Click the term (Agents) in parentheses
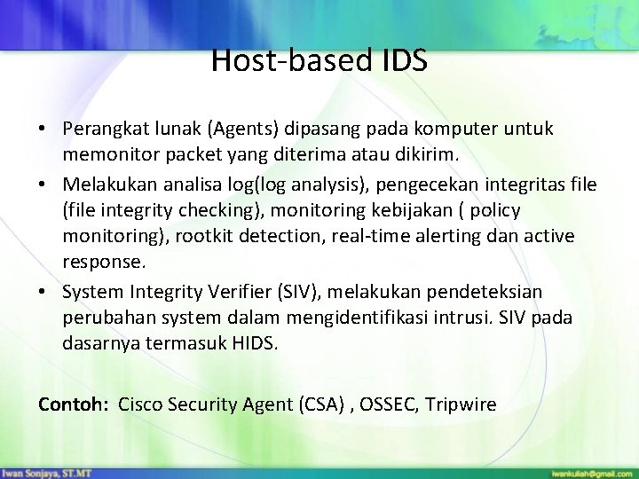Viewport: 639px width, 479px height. click(x=241, y=130)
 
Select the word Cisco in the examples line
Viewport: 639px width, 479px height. click(x=139, y=404)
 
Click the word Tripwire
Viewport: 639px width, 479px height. click(x=461, y=404)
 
